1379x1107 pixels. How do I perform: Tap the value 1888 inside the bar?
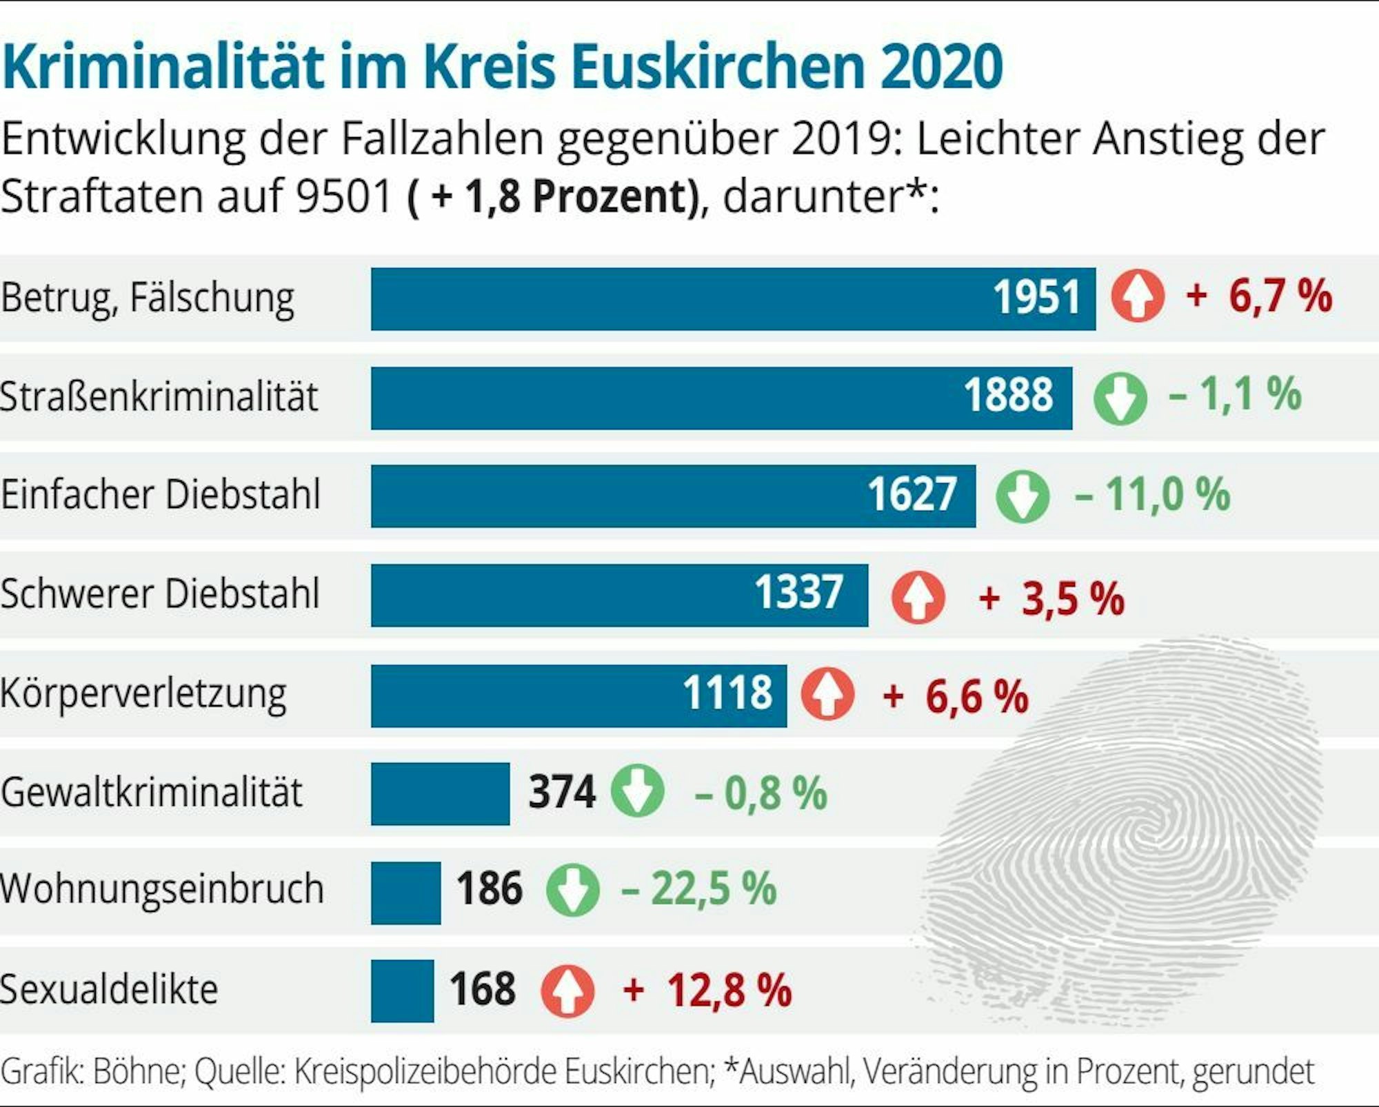tap(1008, 396)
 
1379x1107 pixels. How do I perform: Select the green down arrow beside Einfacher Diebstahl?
tap(1022, 496)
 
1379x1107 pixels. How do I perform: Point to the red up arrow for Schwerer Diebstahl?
tap(918, 597)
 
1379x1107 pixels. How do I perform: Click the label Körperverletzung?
tap(143, 694)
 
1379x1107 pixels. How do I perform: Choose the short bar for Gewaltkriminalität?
tap(440, 793)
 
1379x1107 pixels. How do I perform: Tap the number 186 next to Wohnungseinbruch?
tap(489, 888)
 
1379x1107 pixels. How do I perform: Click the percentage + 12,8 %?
tap(707, 991)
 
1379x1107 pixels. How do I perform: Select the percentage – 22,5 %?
tap(699, 888)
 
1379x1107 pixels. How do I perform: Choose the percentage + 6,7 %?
tap(1259, 296)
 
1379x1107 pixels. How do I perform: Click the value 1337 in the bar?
tap(798, 593)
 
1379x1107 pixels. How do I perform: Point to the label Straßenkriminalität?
tap(159, 397)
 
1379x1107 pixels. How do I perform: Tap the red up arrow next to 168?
tap(567, 991)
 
